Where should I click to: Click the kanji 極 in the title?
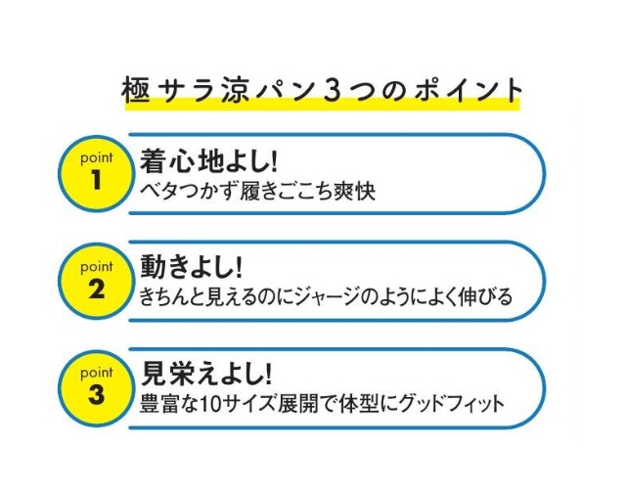click(136, 90)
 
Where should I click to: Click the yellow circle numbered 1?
click(96, 174)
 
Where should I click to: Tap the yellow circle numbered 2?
click(96, 281)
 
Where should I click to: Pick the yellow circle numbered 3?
click(96, 388)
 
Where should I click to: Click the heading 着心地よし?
click(208, 160)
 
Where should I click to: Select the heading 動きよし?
click(192, 267)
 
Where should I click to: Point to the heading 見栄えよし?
click(206, 374)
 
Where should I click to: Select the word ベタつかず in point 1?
click(189, 192)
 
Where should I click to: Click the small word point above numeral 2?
click(97, 267)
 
